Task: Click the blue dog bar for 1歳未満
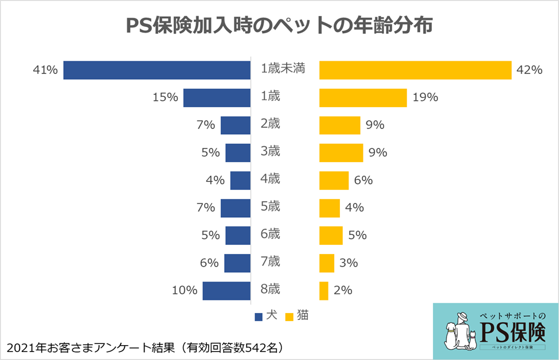coord(157,70)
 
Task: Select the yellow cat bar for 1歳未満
coord(415,70)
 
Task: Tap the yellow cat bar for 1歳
coord(363,97)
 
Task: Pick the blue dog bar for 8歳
coord(226,291)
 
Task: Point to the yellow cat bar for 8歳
coord(324,291)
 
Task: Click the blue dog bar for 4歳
coord(240,180)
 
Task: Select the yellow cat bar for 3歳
coord(341,152)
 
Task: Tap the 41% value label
coord(46,70)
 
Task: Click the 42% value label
coord(529,70)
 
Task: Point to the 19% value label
coord(425,97)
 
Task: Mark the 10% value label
coord(185,291)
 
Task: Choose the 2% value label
coord(343,291)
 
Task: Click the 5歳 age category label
coord(270,207)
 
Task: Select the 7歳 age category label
coord(270,262)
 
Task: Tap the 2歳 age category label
coord(270,124)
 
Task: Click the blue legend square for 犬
coord(258,316)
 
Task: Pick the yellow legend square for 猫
coord(290,316)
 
